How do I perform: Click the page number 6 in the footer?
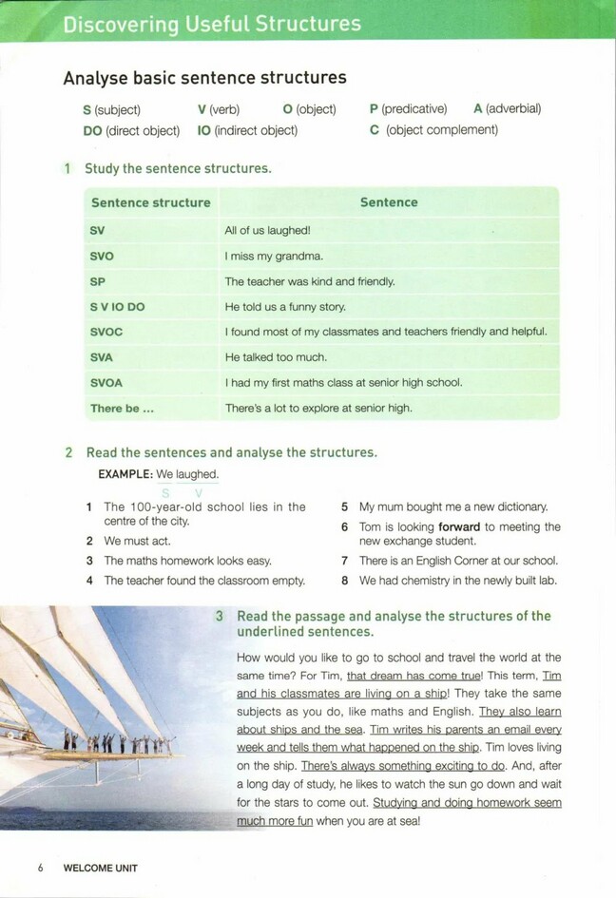coord(41,868)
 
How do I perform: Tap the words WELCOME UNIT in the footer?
coord(100,868)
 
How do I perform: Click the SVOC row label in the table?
coord(106,333)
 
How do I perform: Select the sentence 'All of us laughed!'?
coord(267,230)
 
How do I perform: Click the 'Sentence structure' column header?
coord(150,202)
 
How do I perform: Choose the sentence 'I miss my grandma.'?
coord(274,256)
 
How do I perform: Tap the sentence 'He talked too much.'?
coord(276,357)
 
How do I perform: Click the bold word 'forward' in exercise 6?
coord(459,526)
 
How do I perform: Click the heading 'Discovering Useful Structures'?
coord(212,24)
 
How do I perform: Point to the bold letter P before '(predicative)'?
coord(374,109)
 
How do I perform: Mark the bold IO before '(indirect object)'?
coord(203,130)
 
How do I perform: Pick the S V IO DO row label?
coord(117,307)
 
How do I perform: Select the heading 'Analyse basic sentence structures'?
coord(204,78)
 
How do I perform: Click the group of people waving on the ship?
coord(119,741)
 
